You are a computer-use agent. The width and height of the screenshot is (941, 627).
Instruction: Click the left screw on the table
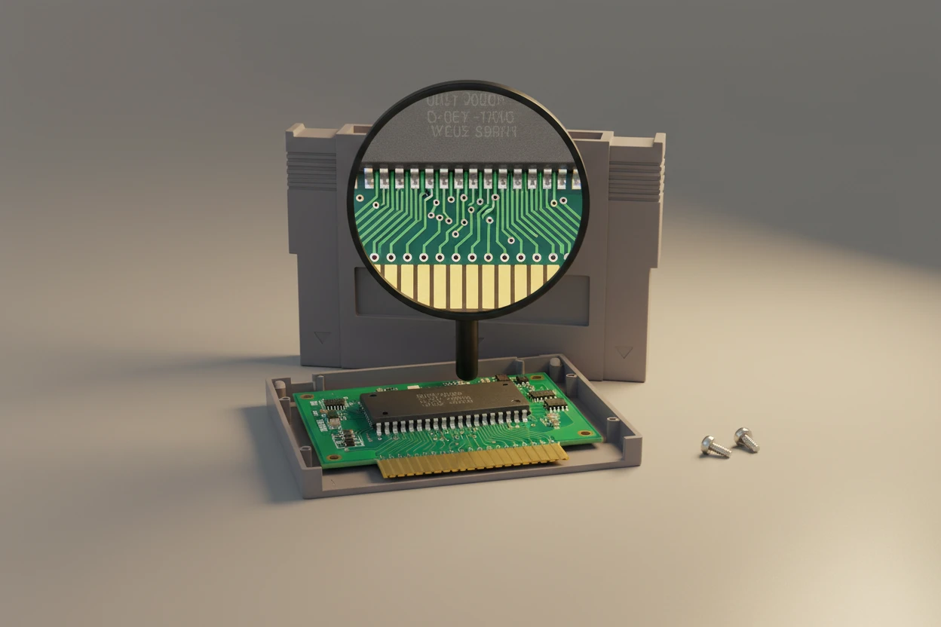714,446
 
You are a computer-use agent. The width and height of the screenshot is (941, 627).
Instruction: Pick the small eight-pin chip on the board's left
334,405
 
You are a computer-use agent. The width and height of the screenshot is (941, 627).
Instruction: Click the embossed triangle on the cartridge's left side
323,338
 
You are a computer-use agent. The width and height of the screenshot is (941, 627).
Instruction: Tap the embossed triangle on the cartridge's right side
622,351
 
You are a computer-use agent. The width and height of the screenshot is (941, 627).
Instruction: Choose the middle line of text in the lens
469,118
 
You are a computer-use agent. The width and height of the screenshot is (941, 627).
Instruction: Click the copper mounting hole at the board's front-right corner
586,433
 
